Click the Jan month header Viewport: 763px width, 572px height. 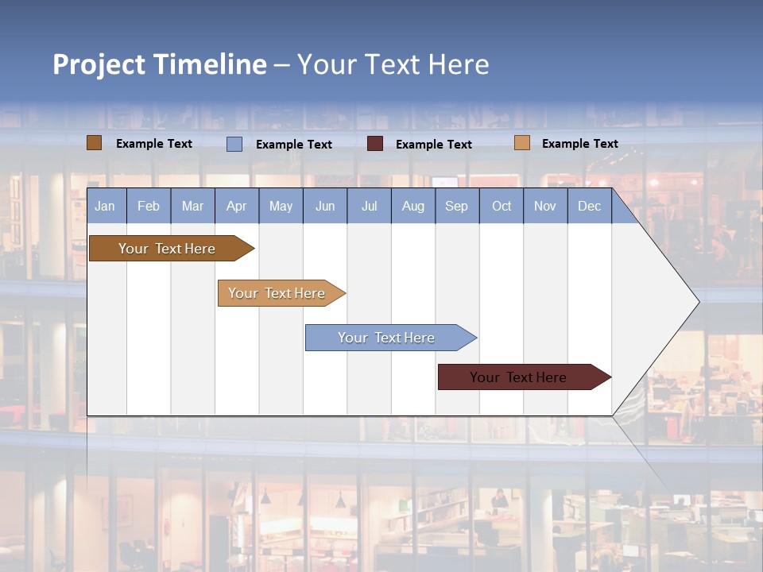[106, 206]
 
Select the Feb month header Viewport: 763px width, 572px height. [149, 206]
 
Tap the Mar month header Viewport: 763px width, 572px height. [192, 206]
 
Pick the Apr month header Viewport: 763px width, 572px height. [236, 206]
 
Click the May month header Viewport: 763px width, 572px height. [281, 206]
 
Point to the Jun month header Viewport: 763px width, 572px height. [325, 206]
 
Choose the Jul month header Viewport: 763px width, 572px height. [369, 206]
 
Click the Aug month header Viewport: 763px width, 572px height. [413, 206]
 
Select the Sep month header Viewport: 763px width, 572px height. [457, 206]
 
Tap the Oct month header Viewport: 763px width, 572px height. [502, 206]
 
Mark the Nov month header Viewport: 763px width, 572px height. [545, 206]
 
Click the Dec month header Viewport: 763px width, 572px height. [590, 206]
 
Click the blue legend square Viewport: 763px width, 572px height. [234, 144]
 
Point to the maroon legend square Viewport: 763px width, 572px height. [375, 144]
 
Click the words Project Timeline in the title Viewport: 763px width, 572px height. [160, 64]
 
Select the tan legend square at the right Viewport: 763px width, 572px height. [521, 143]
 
